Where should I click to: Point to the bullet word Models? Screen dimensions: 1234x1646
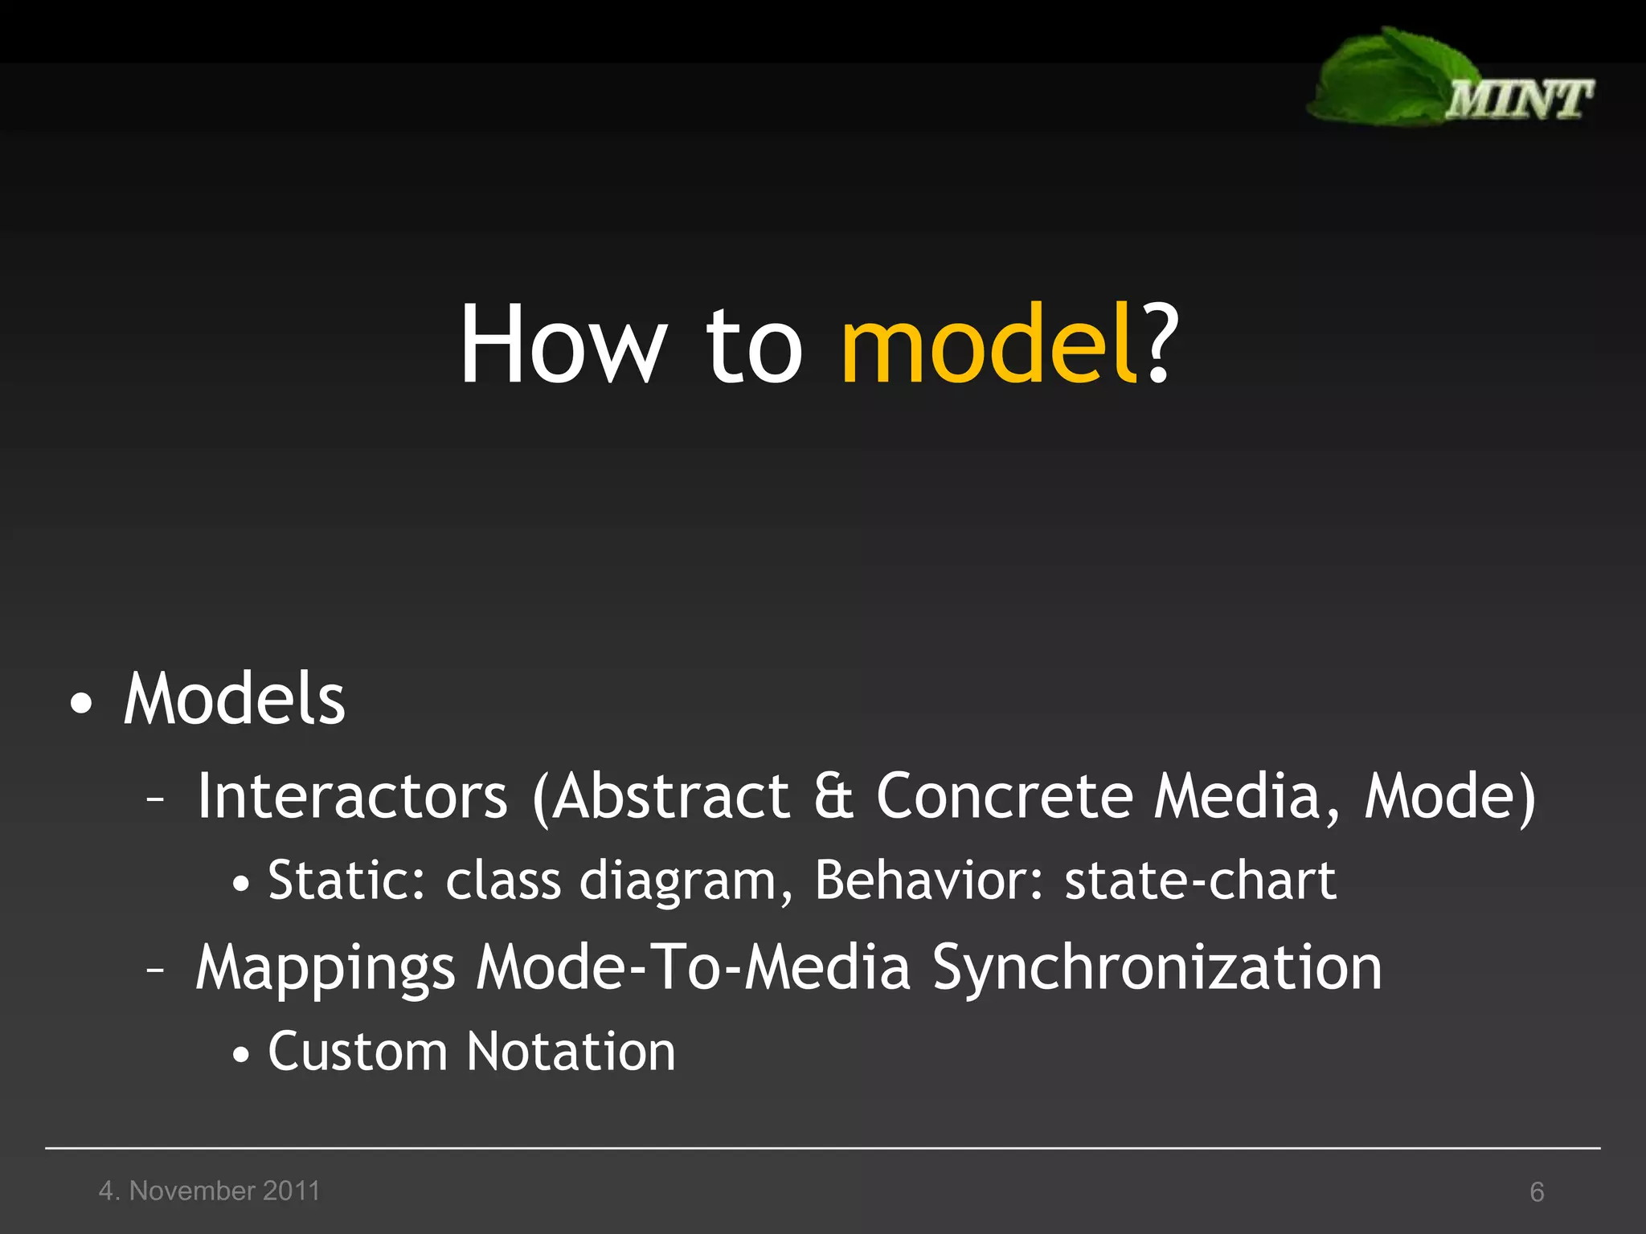point(234,700)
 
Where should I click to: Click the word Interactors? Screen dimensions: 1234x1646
point(352,796)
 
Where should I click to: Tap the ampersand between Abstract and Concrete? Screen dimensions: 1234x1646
point(833,796)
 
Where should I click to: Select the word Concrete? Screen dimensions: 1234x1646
point(1005,796)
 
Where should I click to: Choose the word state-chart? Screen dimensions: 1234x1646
point(1200,881)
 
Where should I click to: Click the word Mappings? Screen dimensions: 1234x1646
point(326,968)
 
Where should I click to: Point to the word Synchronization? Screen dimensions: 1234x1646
point(1157,968)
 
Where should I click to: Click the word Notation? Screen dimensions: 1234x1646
point(571,1052)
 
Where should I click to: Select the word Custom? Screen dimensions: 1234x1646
point(357,1052)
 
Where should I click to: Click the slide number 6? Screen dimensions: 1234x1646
point(1537,1192)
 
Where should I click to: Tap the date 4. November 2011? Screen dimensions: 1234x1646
point(209,1191)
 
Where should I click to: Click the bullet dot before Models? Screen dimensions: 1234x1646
point(81,705)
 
